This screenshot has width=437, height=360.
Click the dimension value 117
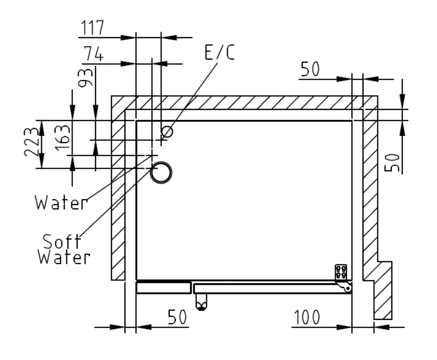pyautogui.click(x=92, y=27)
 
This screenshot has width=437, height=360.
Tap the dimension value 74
pyautogui.click(x=94, y=53)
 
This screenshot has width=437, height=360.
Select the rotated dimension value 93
pyautogui.click(x=85, y=78)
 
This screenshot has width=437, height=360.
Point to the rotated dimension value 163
pyautogui.click(x=62, y=138)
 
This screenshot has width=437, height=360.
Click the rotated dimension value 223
pyautogui.click(x=31, y=141)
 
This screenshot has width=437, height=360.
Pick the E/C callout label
pyautogui.click(x=220, y=52)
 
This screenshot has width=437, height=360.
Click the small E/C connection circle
pyautogui.click(x=167, y=132)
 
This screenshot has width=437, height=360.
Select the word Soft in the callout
pyautogui.click(x=62, y=241)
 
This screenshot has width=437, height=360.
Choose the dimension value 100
pyautogui.click(x=307, y=317)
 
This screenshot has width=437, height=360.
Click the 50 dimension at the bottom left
pyautogui.click(x=177, y=317)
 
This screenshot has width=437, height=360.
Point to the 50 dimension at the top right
pyautogui.click(x=310, y=69)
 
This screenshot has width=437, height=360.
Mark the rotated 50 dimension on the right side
pyautogui.click(x=392, y=163)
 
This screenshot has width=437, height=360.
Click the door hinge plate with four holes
pyautogui.click(x=341, y=272)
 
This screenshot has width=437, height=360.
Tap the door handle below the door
pyautogui.click(x=201, y=302)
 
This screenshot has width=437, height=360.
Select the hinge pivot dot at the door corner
pyautogui.click(x=348, y=289)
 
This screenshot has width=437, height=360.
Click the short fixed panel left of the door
pyautogui.click(x=163, y=288)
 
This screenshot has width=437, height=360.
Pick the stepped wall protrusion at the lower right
pyautogui.click(x=383, y=290)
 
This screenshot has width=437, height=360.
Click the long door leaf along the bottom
pyautogui.click(x=272, y=289)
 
